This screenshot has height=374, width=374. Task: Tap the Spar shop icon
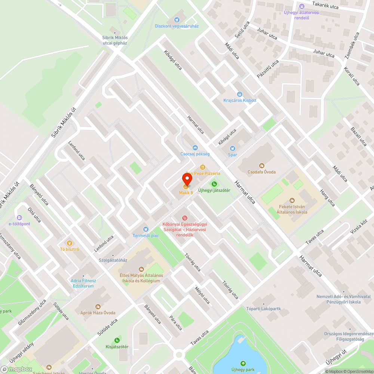point(233,148)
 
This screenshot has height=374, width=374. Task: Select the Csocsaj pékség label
point(195,154)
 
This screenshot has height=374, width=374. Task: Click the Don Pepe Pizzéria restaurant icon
point(202,167)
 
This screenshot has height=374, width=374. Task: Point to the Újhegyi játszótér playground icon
point(214,184)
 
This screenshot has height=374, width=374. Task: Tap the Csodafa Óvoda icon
point(262,165)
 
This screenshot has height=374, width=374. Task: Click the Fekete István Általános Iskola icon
point(292,200)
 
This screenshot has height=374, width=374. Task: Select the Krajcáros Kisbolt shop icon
point(240,94)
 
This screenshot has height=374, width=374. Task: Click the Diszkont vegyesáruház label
point(177,26)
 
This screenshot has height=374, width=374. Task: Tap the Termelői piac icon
point(145,229)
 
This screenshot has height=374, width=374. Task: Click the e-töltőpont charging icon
point(19,217)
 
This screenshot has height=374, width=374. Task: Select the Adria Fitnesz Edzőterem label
point(83,283)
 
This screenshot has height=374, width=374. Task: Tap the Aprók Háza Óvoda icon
point(98,306)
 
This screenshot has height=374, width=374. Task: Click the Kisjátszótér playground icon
point(117,340)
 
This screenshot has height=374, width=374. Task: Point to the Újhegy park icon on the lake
point(243,363)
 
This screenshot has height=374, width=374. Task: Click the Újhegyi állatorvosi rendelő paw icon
point(301,6)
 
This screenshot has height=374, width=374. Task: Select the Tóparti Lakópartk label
point(263,309)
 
